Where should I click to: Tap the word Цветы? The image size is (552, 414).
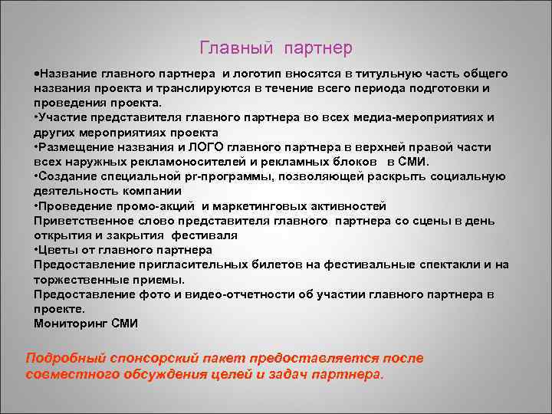[x=63, y=250]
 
